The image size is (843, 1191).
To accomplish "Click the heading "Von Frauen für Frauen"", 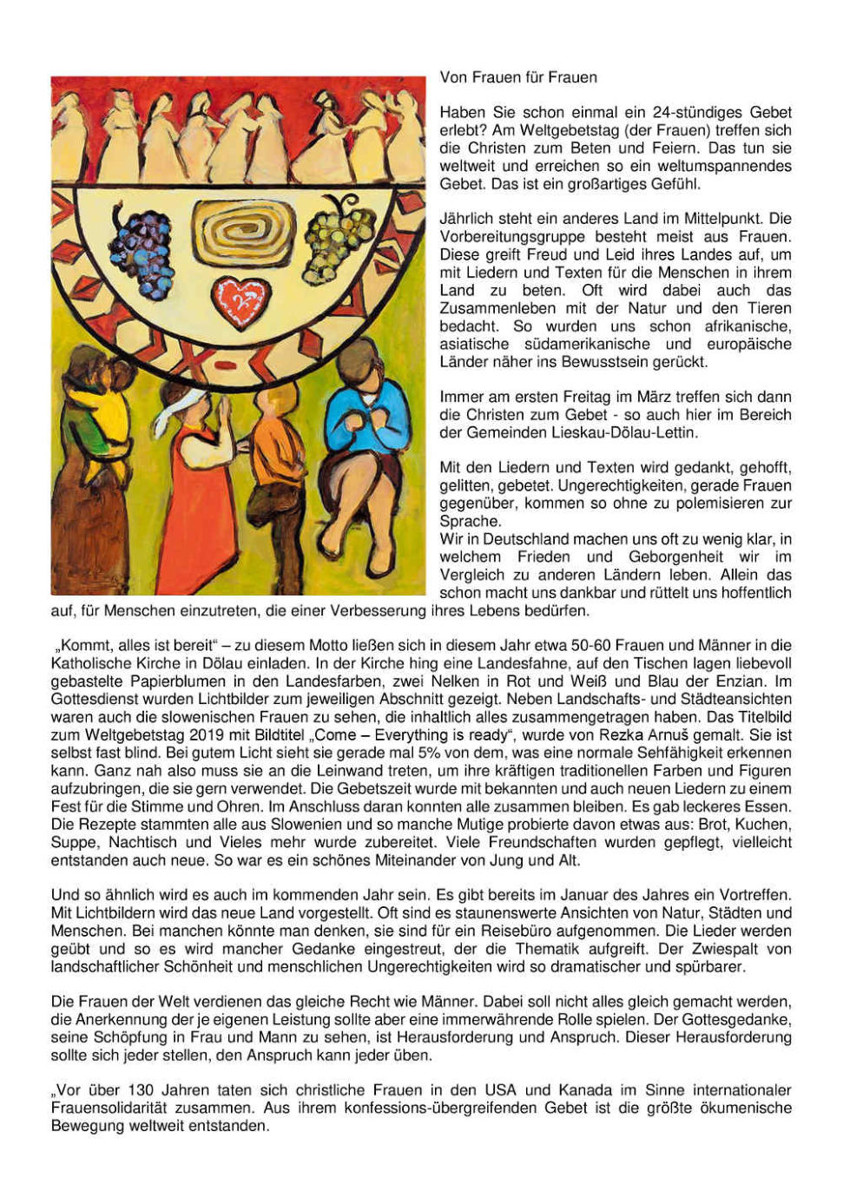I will (x=518, y=77).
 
